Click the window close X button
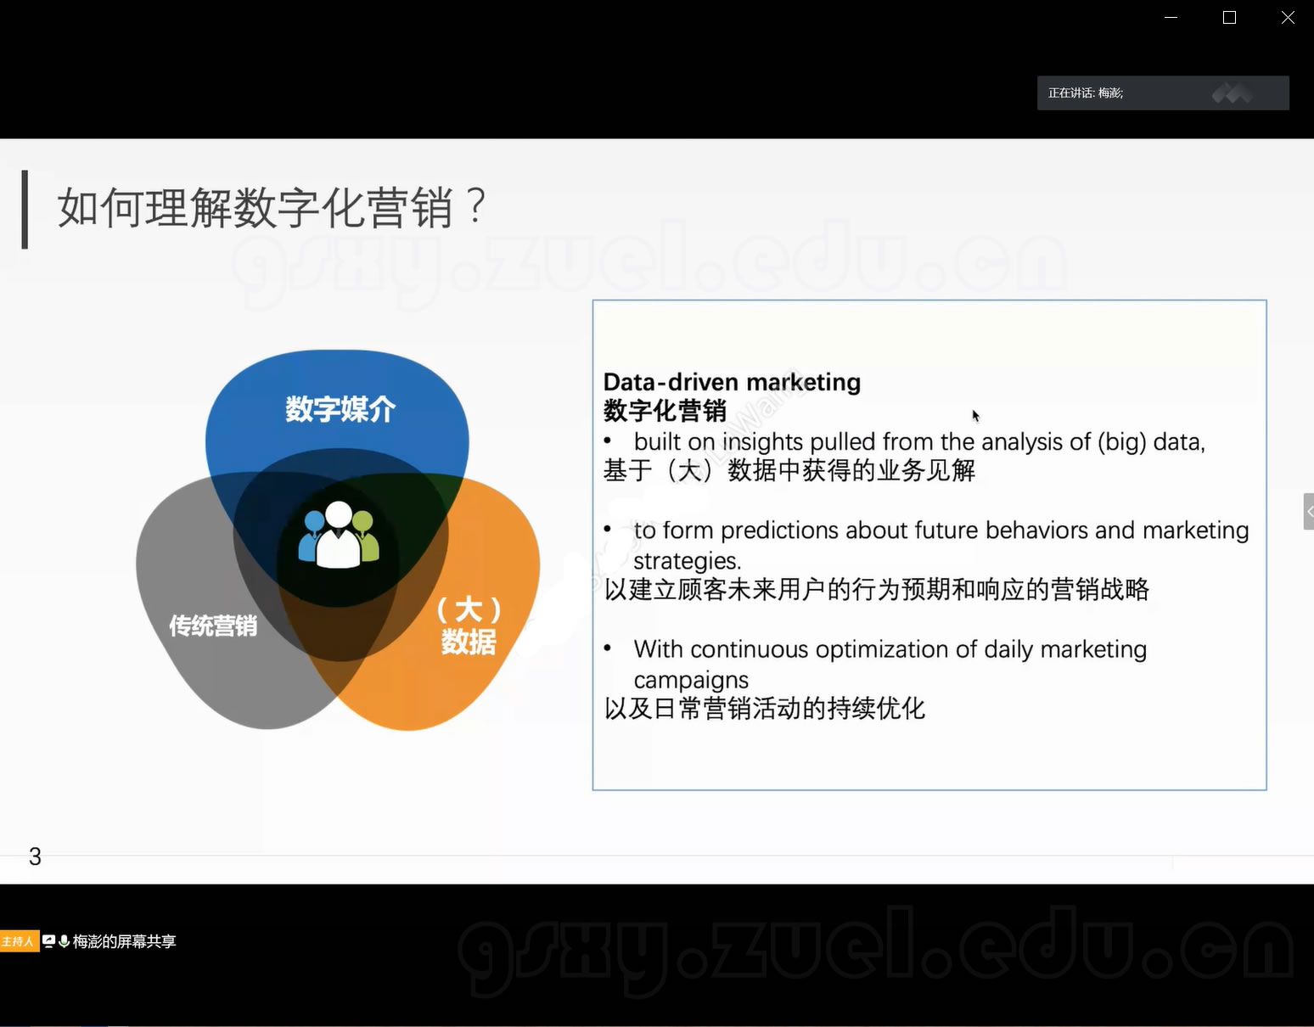click(1288, 18)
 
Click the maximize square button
click(1229, 18)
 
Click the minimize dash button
click(1171, 18)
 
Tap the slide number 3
click(35, 856)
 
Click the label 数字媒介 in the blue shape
click(340, 409)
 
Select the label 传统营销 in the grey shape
click(213, 626)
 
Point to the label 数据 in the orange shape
click(469, 642)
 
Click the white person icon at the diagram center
click(339, 536)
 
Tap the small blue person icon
click(312, 535)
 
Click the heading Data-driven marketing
click(732, 382)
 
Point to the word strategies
click(687, 561)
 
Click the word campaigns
click(691, 680)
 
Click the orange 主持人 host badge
click(20, 941)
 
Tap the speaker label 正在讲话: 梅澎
click(1086, 93)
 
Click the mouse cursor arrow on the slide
click(975, 416)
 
